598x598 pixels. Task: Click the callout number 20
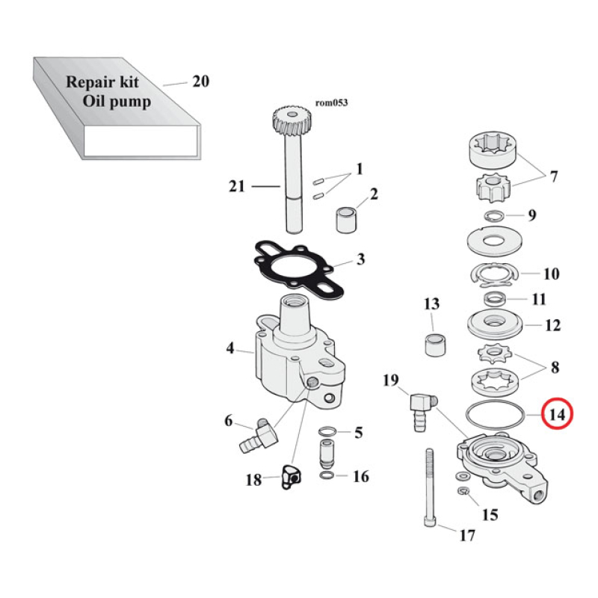pos(200,82)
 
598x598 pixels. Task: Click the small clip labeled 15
pos(463,491)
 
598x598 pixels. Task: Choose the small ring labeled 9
pos(494,216)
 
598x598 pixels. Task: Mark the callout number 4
pos(230,348)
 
